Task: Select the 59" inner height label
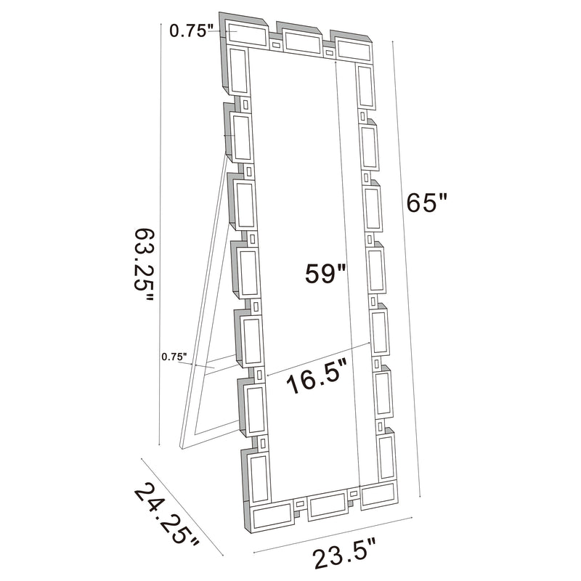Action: coord(324,274)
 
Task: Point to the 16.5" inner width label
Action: coord(315,380)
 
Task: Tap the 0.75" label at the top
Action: coord(191,31)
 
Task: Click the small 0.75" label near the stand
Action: coord(174,357)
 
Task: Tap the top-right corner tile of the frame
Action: coord(352,49)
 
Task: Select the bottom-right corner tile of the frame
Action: coord(378,495)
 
